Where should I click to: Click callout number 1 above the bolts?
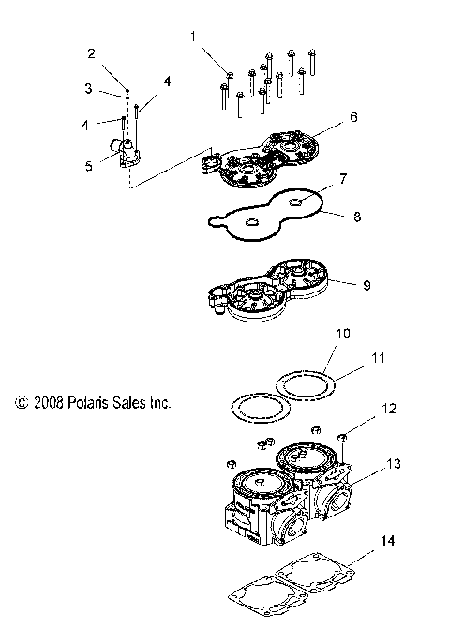(x=193, y=37)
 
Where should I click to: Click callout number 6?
(x=326, y=117)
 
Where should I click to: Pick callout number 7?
(x=318, y=176)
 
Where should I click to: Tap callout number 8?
(x=329, y=215)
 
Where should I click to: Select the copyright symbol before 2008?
(x=19, y=402)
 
